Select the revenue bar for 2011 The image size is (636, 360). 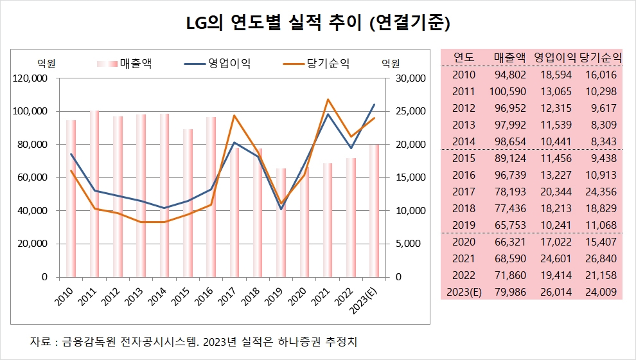94,193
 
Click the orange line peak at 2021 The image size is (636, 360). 328,100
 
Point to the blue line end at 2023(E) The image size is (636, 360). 375,105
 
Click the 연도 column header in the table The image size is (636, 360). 464,57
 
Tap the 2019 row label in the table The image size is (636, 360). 464,224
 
